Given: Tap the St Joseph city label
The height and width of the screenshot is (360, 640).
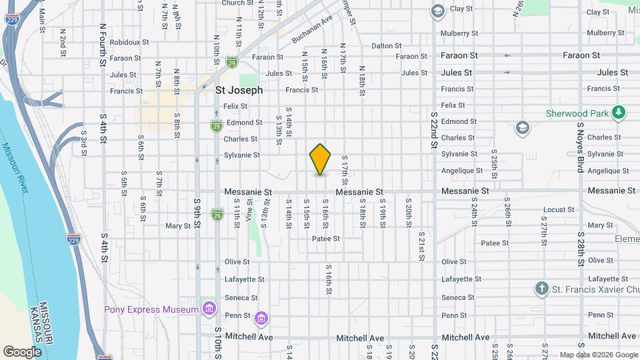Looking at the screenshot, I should point(239,90).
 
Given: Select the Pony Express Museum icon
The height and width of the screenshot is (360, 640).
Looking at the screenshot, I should point(209,309).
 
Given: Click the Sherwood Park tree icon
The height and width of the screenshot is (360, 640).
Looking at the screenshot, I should point(619,113).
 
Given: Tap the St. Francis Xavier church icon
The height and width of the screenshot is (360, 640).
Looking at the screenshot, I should point(542,289).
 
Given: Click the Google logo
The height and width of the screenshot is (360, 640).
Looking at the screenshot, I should point(21,351).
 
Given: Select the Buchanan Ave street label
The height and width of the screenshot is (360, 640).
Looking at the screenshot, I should point(312,31).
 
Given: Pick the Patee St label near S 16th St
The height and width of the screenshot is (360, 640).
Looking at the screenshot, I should point(327,239).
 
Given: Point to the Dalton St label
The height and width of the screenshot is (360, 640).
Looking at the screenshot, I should point(386,46).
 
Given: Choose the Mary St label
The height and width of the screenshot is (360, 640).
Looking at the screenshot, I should point(178,226).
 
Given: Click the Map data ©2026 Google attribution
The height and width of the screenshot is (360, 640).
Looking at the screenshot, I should point(598,355).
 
